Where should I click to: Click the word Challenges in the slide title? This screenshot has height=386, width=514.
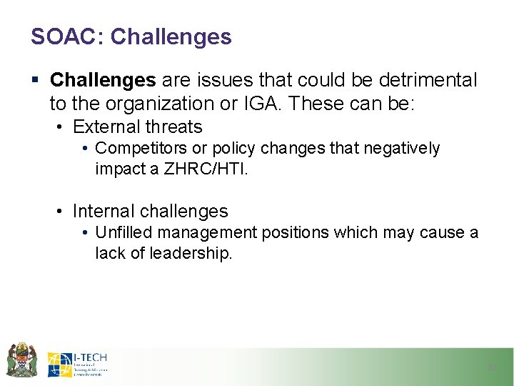click(171, 36)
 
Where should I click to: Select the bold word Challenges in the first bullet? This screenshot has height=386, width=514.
click(103, 80)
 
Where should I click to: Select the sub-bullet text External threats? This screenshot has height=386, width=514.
click(138, 127)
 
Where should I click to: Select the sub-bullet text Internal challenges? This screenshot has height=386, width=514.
click(150, 211)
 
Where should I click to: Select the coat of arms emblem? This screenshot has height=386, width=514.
click(21, 360)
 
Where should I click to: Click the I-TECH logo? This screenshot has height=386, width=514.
click(77, 364)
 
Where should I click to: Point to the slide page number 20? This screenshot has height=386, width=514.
click(490, 367)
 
